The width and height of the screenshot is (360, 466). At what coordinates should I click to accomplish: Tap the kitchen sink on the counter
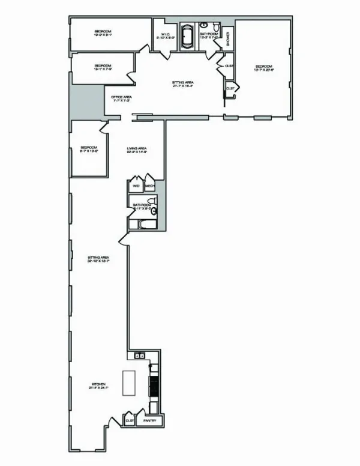140,356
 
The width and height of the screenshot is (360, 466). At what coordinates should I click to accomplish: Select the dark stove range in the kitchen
152,384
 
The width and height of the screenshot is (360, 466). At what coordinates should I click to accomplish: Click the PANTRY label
150,421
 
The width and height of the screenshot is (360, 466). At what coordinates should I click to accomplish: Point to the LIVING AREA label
137,150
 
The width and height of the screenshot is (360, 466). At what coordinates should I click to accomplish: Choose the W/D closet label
136,186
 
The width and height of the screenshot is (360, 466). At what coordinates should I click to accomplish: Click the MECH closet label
150,186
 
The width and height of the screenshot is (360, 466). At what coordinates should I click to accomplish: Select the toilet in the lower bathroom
155,211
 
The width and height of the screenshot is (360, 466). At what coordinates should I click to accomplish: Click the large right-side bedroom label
264,67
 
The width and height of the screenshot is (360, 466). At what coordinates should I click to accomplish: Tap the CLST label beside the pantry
130,421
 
